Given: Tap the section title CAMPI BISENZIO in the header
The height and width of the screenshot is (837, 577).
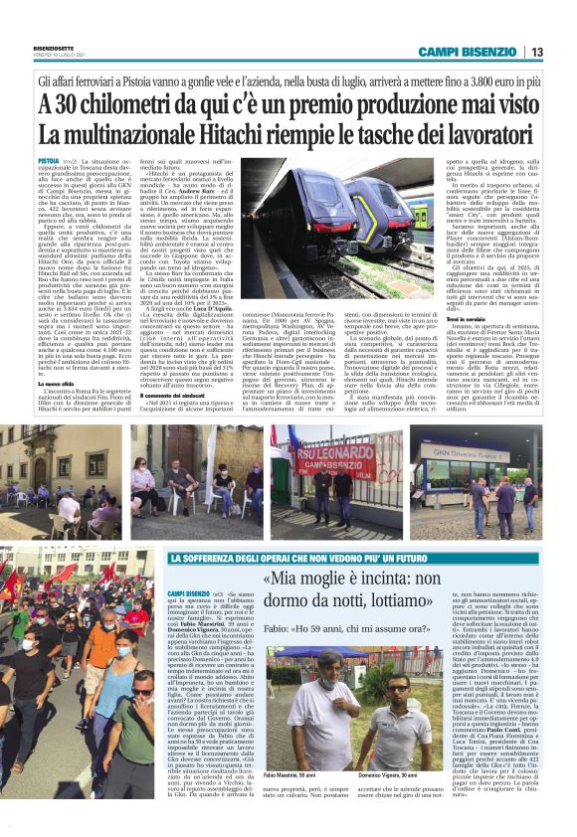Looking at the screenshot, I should [468, 52].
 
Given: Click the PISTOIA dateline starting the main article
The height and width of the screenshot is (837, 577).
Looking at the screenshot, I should [48, 160].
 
